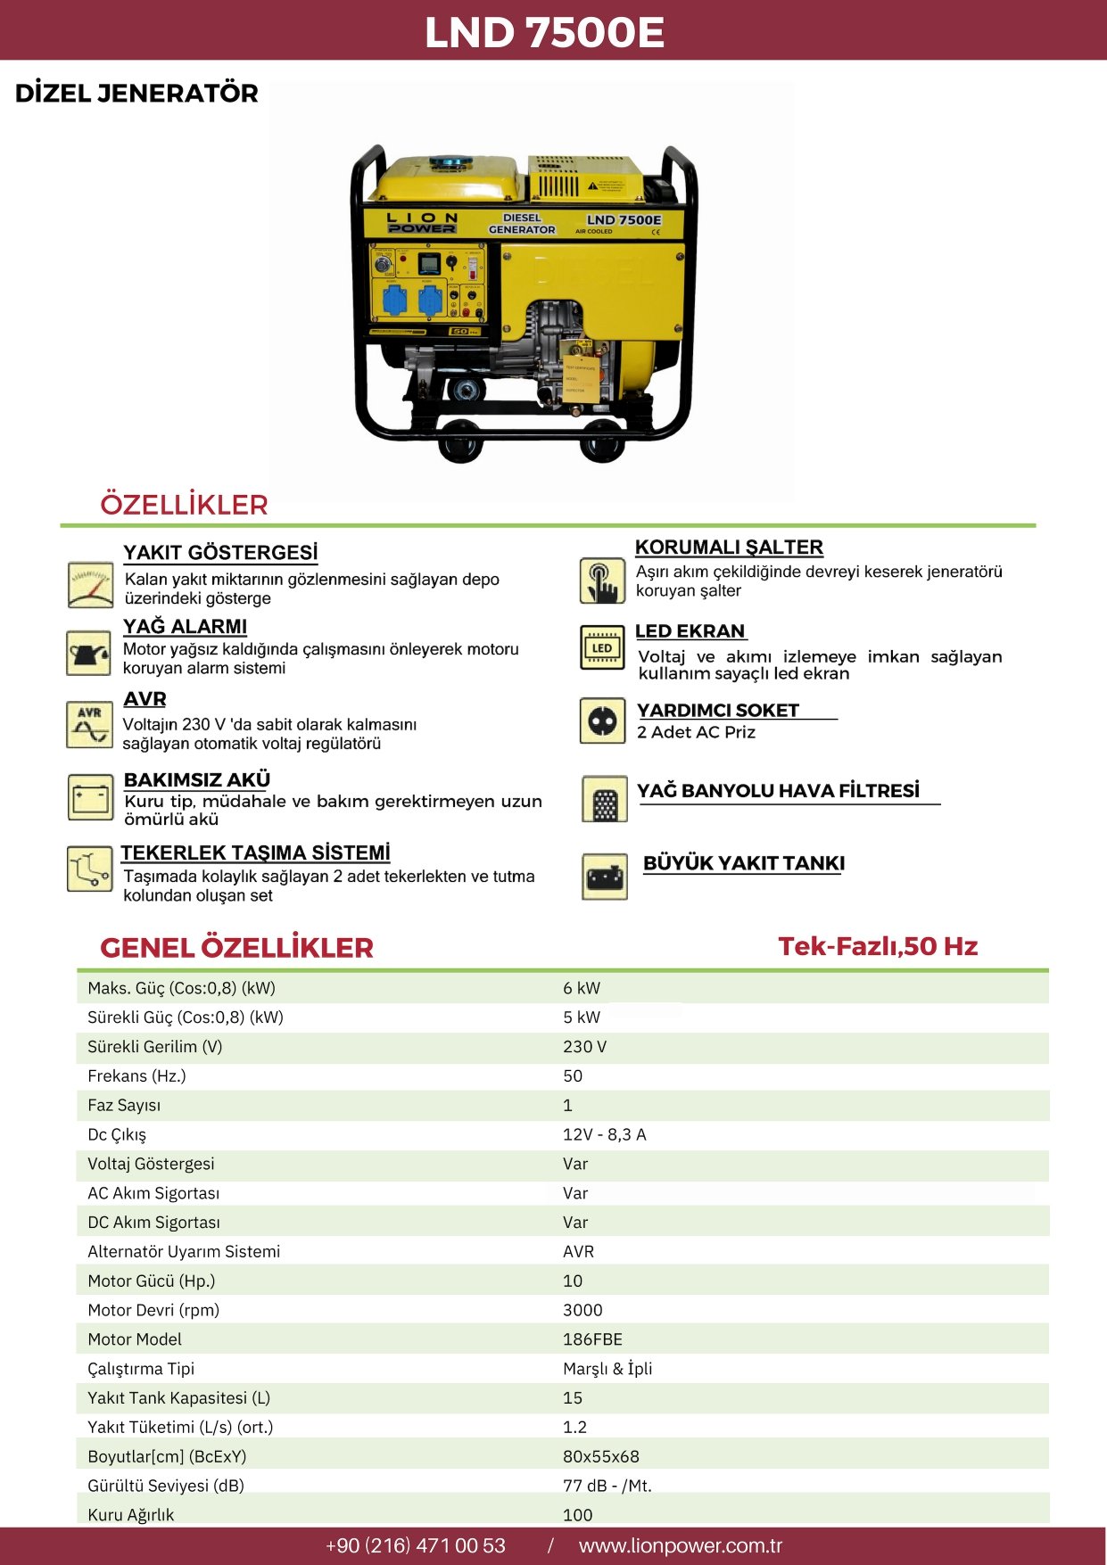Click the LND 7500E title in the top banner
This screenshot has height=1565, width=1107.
pyautogui.click(x=544, y=32)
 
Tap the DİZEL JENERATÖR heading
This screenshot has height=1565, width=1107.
pyautogui.click(x=136, y=94)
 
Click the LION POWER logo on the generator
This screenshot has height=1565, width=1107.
pyautogui.click(x=422, y=223)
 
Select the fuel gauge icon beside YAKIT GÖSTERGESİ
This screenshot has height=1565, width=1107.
pyautogui.click(x=90, y=585)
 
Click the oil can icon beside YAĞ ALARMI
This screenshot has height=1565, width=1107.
pyautogui.click(x=89, y=653)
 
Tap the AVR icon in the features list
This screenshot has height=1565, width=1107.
pyautogui.click(x=89, y=724)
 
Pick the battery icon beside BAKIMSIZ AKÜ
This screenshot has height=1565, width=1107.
pyautogui.click(x=90, y=796)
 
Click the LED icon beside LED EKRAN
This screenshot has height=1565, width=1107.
pyautogui.click(x=603, y=647)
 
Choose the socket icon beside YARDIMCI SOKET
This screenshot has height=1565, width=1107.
pyautogui.click(x=603, y=721)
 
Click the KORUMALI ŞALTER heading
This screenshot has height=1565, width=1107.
pyautogui.click(x=729, y=548)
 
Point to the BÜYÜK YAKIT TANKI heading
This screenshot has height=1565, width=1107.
pyautogui.click(x=744, y=863)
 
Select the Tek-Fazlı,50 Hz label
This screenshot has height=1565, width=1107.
pyautogui.click(x=878, y=946)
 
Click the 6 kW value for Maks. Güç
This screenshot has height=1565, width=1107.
pyautogui.click(x=582, y=988)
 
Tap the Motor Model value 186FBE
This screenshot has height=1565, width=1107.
pyautogui.click(x=592, y=1339)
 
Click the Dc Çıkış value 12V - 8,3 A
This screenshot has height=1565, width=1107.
pyautogui.click(x=604, y=1134)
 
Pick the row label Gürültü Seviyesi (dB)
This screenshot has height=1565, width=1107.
pyautogui.click(x=166, y=1486)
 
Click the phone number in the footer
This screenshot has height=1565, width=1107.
pyautogui.click(x=416, y=1545)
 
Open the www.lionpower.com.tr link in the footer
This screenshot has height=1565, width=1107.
pyautogui.click(x=680, y=1545)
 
